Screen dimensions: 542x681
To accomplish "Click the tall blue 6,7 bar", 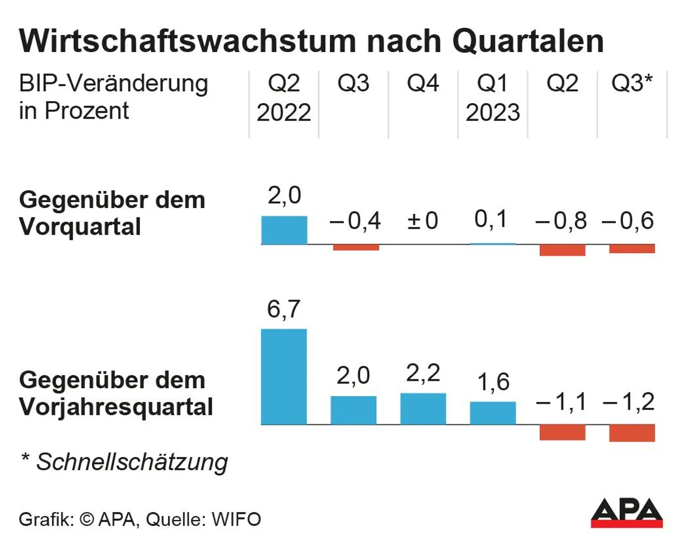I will click(284, 377).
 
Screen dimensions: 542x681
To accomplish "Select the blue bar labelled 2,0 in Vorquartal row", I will click(284, 230).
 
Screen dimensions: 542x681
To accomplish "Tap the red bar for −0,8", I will click(562, 250).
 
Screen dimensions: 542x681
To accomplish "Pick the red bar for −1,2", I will click(632, 432).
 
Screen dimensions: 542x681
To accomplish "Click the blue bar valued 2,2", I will click(423, 408).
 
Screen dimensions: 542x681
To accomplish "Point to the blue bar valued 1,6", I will click(493, 413).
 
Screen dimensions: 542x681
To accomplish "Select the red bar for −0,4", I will click(356, 247).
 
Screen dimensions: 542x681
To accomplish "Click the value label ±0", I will click(423, 221).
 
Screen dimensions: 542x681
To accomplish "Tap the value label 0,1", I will click(491, 219).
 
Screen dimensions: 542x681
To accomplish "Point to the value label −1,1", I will click(561, 402).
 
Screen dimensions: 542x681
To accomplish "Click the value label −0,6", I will click(628, 221).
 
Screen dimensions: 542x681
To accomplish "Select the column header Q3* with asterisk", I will click(632, 84).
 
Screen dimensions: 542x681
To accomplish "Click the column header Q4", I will click(423, 84).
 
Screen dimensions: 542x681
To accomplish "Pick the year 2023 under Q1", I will click(493, 113).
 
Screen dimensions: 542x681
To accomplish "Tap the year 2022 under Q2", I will click(284, 113).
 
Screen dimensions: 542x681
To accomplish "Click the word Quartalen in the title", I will click(528, 41).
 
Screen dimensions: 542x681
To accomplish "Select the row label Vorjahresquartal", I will click(116, 407).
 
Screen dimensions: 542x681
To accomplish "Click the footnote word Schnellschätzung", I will click(132, 462).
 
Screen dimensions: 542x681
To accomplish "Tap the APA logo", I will click(626, 513).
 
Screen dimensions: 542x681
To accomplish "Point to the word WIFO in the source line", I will click(236, 519).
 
